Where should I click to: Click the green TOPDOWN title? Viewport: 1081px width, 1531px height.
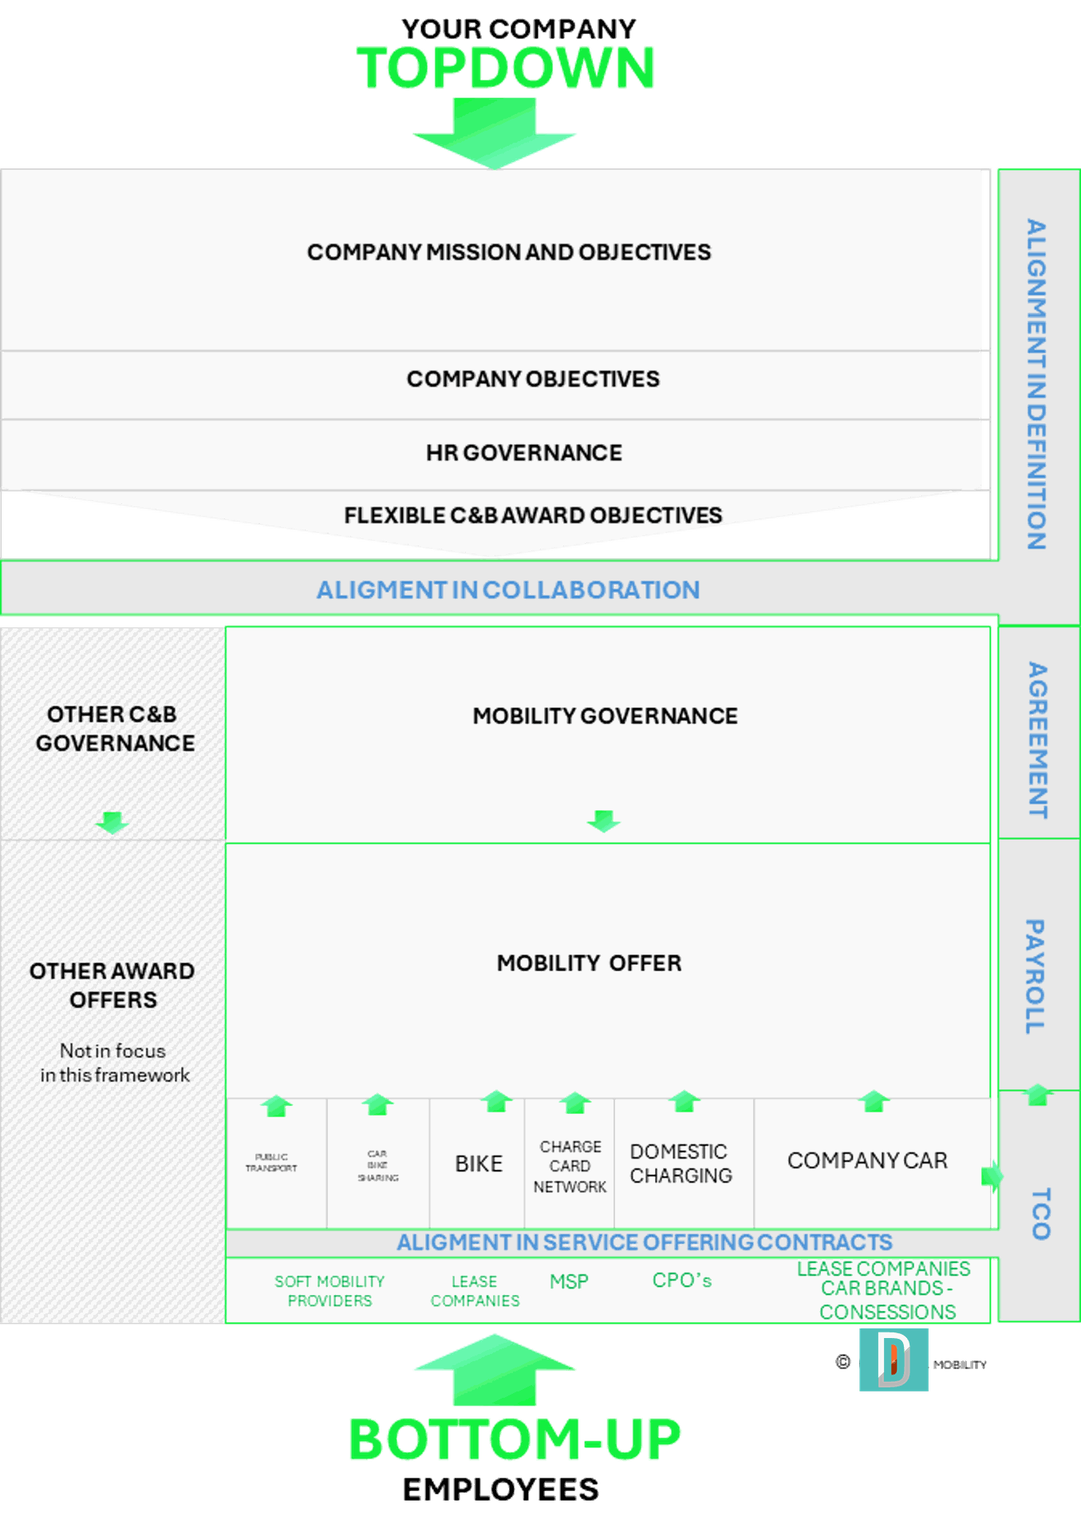[x=505, y=68]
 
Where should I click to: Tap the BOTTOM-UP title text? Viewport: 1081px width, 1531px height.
[x=515, y=1439]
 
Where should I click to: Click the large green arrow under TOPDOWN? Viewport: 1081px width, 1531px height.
[x=495, y=132]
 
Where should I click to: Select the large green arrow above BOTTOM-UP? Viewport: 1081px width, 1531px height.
[x=495, y=1369]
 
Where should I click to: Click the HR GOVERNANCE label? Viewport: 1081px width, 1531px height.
[x=523, y=453]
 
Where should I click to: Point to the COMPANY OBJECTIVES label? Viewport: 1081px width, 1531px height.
[x=533, y=379]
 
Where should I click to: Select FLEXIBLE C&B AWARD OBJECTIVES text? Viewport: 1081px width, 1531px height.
[x=533, y=515]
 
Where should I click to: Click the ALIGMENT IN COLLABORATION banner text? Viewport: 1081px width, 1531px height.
[x=508, y=590]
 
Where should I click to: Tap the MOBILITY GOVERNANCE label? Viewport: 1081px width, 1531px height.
[x=605, y=716]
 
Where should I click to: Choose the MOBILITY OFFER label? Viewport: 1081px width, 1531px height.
[x=589, y=963]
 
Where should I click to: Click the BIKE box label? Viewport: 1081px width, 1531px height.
[x=479, y=1164]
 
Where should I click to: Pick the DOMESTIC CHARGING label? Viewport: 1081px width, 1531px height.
[x=681, y=1163]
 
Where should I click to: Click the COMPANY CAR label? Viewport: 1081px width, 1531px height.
[x=867, y=1161]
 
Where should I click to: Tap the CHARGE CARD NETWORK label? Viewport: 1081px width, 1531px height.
[x=570, y=1167]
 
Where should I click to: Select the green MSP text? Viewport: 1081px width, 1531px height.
[x=569, y=1281]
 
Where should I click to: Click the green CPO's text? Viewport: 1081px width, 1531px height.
[x=681, y=1280]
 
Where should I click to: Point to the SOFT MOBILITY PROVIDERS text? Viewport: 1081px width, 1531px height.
[x=329, y=1291]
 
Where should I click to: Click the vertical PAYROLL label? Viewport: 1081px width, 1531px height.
[x=1035, y=977]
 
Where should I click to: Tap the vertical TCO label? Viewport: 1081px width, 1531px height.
[x=1040, y=1214]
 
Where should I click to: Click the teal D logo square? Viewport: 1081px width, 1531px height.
[x=894, y=1360]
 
